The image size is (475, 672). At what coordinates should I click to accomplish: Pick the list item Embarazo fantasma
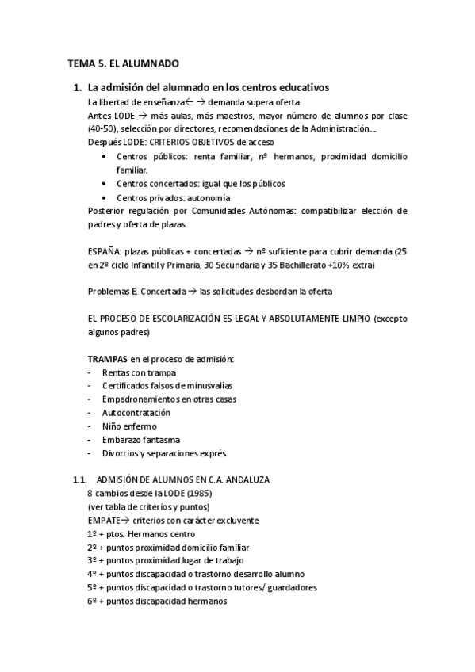141,440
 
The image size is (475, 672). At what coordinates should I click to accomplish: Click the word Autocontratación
136,413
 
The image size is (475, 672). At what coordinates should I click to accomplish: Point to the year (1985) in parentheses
187,494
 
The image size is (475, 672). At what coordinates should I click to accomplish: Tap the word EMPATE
105,521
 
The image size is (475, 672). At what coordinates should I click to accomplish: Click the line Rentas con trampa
139,372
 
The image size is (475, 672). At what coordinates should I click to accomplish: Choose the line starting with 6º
157,601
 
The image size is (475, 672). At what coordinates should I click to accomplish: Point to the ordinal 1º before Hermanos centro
93,534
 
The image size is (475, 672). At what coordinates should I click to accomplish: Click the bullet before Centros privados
105,197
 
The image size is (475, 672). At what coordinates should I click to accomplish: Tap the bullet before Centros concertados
105,184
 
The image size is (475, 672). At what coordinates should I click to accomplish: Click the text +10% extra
354,265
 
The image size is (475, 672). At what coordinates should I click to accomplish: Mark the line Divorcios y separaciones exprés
164,453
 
